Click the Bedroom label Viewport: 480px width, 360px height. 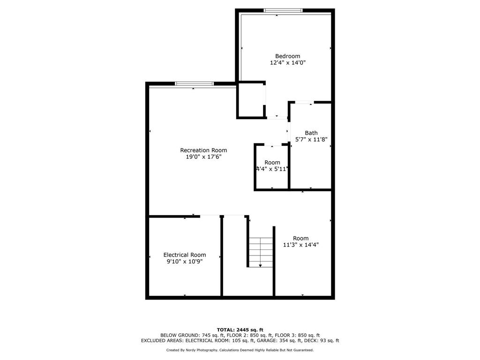tap(287, 56)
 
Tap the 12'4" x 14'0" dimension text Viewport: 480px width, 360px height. tap(287, 63)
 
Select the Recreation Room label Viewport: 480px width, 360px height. tap(203, 150)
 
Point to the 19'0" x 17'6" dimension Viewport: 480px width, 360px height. tap(203, 157)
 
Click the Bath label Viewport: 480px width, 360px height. tap(311, 133)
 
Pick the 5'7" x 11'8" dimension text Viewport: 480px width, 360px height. tap(311, 140)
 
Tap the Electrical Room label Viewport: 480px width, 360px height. tap(185, 255)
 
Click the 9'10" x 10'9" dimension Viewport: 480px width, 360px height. tap(185, 262)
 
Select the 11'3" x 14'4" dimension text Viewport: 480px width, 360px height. tap(301, 245)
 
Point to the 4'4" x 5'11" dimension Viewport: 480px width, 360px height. tap(272, 169)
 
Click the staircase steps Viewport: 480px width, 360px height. tap(261, 252)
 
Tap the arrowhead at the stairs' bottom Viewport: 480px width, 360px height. tap(260, 266)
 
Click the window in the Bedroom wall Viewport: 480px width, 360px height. tap(283, 11)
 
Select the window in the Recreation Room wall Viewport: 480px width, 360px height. tap(195, 83)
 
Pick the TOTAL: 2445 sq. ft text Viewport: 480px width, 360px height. tap(240, 330)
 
